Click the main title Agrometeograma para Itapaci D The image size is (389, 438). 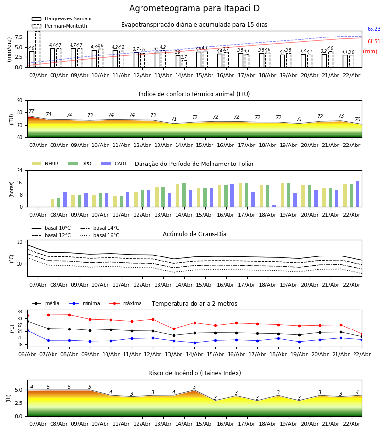[x=194, y=9]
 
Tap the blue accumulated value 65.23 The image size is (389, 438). [x=373, y=29]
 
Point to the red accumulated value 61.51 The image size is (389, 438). [x=373, y=42]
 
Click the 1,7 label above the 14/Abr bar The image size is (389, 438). [x=184, y=57]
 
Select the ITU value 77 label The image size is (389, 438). [x=32, y=111]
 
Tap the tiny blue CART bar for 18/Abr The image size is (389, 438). [x=274, y=206]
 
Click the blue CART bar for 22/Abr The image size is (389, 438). [x=358, y=194]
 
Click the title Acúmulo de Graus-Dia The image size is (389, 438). [x=194, y=234]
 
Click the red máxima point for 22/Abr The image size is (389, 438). [x=361, y=334]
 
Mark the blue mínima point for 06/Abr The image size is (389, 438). [x=27, y=330]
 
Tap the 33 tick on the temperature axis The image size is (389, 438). [x=19, y=312]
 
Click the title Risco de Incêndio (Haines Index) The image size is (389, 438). [x=194, y=373]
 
